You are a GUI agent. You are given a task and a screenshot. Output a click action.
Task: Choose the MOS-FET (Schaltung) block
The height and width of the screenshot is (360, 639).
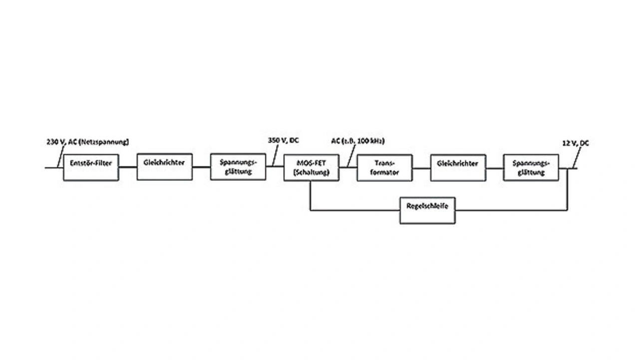coord(311,167)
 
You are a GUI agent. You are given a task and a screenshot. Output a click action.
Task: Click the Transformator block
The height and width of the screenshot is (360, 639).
coord(384,168)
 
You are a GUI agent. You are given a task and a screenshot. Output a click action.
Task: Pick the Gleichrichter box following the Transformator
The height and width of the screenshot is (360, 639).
coord(457,167)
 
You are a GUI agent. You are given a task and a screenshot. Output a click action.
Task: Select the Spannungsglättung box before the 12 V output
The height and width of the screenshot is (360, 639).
coord(531,167)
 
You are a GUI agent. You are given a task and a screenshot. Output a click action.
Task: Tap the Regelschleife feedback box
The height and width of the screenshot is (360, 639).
coord(427,210)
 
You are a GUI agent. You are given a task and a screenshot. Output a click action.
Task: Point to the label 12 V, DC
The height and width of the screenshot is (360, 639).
coord(575,143)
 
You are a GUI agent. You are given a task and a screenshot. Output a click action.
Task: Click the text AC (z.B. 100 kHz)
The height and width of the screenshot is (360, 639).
coord(357,141)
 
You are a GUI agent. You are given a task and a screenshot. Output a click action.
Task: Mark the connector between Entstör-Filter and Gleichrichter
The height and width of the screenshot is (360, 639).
coord(128,167)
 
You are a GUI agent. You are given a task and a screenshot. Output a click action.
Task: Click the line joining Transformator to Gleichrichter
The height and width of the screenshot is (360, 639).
coord(421,168)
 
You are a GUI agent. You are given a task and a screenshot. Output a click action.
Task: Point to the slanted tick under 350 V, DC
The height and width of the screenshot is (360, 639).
coord(275,159)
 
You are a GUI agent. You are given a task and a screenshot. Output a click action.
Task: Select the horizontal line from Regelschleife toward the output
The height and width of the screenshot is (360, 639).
coord(509,210)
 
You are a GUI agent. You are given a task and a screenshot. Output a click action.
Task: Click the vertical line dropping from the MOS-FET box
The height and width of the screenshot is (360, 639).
coord(311,196)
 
